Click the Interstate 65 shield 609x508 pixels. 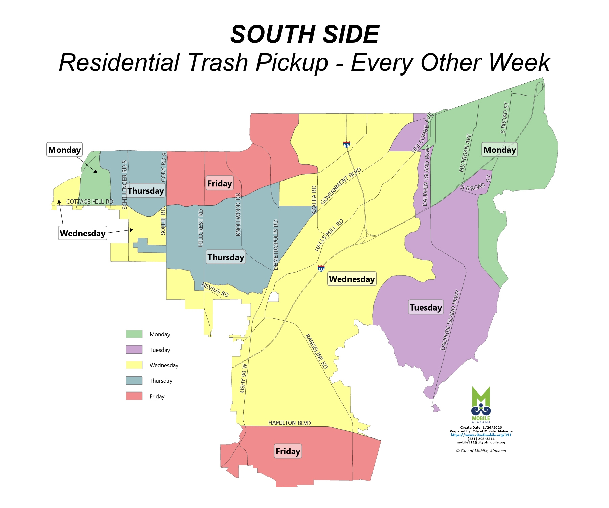346,145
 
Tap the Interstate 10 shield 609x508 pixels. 321,269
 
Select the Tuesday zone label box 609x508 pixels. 426,307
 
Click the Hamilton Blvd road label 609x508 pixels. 289,423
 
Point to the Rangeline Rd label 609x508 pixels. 317,351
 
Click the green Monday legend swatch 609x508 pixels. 134,334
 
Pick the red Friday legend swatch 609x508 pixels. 134,396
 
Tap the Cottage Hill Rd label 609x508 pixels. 90,202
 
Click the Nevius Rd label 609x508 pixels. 215,290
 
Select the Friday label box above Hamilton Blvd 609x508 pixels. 288,451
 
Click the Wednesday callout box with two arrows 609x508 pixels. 83,233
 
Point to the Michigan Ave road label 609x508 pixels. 465,153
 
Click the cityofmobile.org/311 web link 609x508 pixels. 481,435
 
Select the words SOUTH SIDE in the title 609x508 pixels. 304,35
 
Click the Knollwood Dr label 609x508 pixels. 238,214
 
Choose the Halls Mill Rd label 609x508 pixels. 329,235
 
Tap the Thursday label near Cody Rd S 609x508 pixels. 146,191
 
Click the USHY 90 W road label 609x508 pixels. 243,378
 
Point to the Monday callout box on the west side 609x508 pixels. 64,149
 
